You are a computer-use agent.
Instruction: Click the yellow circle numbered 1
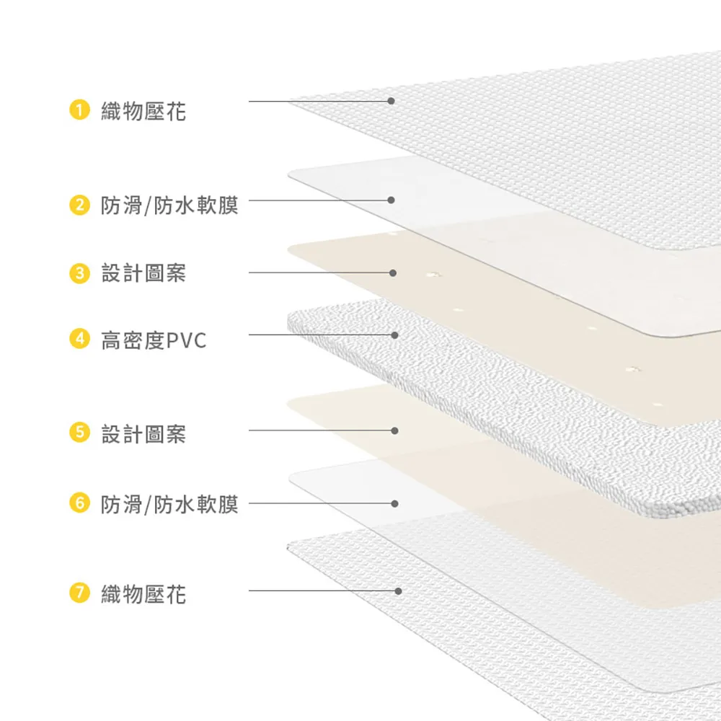coord(79,110)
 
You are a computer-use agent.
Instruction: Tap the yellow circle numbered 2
coord(79,205)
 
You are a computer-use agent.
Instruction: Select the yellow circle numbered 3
coord(79,273)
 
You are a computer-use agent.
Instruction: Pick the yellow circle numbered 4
coord(79,339)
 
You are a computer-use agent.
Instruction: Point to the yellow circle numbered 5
coord(79,433)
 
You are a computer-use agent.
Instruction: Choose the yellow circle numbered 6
coord(79,503)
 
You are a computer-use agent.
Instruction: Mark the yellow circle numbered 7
coord(79,592)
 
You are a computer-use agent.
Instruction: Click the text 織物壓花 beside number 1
coord(143,112)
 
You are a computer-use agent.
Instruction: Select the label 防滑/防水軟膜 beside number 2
coord(169,205)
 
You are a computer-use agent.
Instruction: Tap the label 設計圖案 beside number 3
coord(143,273)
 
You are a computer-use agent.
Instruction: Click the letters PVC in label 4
coord(186,341)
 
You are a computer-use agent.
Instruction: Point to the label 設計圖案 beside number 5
coord(143,434)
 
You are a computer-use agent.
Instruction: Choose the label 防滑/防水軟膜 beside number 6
coord(169,505)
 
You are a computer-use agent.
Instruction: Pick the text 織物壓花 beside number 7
coord(143,594)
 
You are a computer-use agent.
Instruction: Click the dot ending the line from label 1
coord(391,101)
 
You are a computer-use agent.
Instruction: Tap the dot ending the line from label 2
coord(391,200)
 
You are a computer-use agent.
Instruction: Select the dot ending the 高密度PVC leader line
coord(394,335)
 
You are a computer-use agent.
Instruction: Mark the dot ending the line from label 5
coord(394,431)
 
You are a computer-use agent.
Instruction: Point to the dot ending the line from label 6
coord(394,503)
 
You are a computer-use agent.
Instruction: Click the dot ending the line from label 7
coord(398,591)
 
